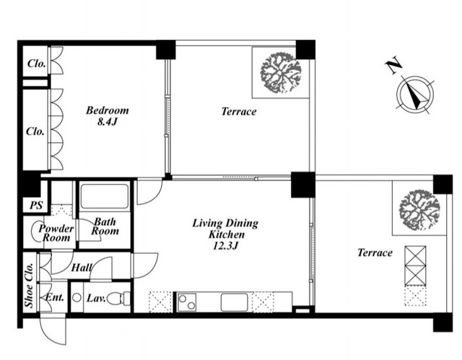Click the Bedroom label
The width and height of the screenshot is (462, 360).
click(x=108, y=110)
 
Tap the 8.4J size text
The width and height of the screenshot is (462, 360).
click(x=108, y=122)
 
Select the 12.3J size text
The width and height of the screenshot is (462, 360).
click(x=225, y=245)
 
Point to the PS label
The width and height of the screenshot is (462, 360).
click(x=36, y=205)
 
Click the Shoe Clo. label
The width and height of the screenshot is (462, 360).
click(x=29, y=285)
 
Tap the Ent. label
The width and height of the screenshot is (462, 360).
click(x=55, y=298)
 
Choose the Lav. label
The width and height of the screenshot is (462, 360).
click(x=96, y=299)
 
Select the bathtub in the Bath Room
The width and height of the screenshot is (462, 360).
click(x=105, y=196)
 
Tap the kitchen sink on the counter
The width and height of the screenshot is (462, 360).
click(x=235, y=302)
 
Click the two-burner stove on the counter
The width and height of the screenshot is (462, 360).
click(x=187, y=302)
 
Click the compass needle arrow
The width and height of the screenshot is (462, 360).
click(x=415, y=95)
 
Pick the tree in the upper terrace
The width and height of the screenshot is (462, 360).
click(x=281, y=73)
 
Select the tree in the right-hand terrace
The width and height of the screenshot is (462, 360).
click(x=419, y=210)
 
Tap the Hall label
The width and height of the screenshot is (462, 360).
click(x=82, y=268)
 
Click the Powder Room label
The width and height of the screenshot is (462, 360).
click(x=56, y=232)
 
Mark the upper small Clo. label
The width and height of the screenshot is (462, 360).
click(x=37, y=63)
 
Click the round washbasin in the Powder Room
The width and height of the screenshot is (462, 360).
click(x=37, y=232)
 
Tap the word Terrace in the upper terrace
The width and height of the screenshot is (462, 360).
click(x=239, y=112)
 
